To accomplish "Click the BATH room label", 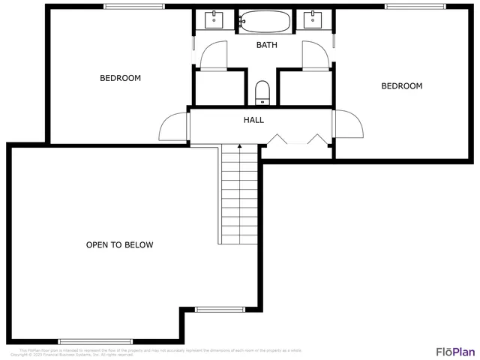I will point(266,45).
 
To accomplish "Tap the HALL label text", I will point(253,120).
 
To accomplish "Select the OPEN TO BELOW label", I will point(120,245).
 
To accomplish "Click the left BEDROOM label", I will point(120,78).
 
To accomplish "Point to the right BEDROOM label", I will point(401,86).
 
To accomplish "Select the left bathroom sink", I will point(214,19).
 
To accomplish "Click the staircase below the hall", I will point(239,195).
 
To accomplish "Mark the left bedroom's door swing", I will point(172,126).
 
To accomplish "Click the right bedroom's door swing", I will point(347,124).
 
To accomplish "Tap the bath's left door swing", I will point(212,54).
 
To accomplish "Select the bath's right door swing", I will point(313,54).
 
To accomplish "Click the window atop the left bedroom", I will point(134,7).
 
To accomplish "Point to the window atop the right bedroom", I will point(414,7).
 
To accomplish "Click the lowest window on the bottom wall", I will point(89,341).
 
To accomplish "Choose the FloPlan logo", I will point(455,351).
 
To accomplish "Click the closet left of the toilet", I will point(219,88).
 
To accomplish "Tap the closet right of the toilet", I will point(304,88).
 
